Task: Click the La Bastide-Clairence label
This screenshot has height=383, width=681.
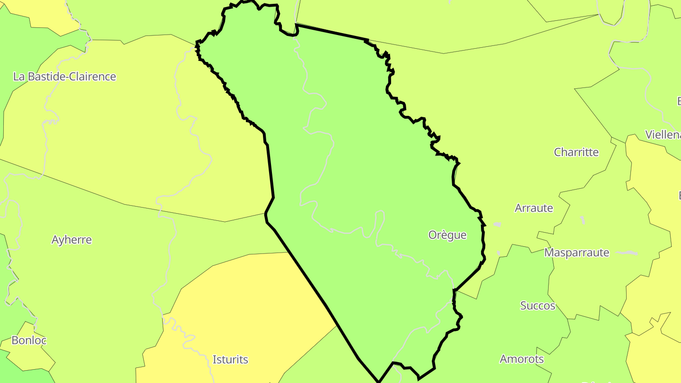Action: [x=64, y=77]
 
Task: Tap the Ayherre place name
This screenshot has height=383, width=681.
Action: [x=71, y=240]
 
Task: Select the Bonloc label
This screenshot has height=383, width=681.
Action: [x=29, y=340]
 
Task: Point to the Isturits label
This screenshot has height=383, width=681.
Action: [x=230, y=360]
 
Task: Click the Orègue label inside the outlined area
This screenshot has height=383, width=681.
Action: [x=447, y=235]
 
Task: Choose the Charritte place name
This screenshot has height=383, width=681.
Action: [x=576, y=152]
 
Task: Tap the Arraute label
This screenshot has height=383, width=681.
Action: [x=534, y=208]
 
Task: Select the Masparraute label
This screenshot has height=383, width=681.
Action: [x=576, y=252]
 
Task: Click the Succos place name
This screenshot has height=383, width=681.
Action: [x=538, y=306]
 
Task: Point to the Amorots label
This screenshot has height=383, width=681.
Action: [x=522, y=359]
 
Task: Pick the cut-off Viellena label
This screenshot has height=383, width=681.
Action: [x=663, y=135]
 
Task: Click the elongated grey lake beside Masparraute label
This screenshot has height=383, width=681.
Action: [x=626, y=253]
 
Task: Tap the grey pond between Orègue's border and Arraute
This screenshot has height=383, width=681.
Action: [x=497, y=224]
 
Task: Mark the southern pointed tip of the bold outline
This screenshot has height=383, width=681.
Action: [x=378, y=381]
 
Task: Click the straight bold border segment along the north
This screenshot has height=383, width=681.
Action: [x=331, y=32]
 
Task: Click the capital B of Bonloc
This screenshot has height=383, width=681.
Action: [x=15, y=340]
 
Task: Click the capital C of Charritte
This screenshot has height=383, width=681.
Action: [x=558, y=152]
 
